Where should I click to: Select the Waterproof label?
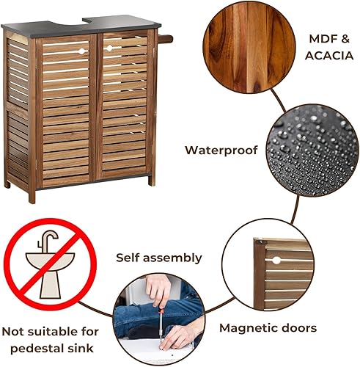221,150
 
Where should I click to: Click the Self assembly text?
159,258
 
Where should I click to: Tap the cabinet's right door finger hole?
110,48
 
